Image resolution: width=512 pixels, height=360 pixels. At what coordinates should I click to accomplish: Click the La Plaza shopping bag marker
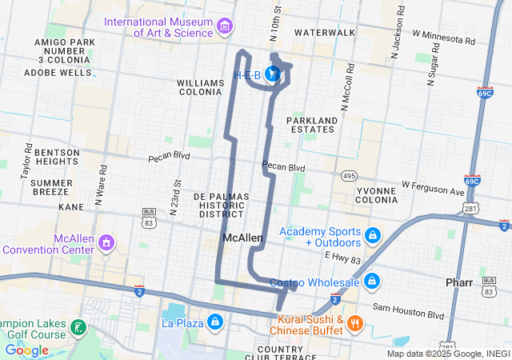point(214,322)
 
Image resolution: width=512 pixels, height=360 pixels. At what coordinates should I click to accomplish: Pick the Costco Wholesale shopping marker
point(372,282)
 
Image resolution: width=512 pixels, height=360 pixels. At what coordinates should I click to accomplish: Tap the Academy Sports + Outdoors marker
point(372,236)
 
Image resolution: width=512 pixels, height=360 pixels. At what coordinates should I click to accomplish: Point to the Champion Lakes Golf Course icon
point(78,327)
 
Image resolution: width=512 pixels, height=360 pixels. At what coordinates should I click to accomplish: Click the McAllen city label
point(242,238)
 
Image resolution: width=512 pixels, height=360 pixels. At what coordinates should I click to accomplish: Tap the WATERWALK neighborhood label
point(324,32)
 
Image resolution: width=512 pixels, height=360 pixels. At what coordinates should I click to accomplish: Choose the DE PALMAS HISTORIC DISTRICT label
point(222,205)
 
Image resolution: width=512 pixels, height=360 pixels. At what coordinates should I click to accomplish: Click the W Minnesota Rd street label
point(443,37)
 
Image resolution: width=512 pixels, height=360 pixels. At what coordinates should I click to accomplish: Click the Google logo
point(26,350)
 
